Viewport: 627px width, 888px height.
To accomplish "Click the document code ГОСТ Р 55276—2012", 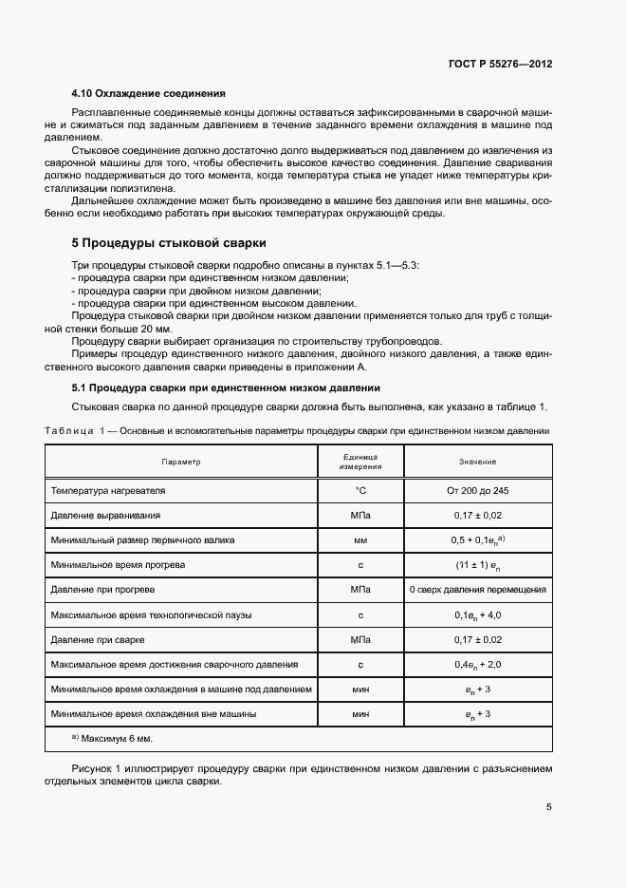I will point(500,65).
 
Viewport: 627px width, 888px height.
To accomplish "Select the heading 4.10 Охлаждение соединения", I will point(148,94).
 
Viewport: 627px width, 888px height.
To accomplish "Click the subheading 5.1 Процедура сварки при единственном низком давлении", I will point(226,388).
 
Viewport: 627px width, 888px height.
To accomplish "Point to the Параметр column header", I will point(181,462).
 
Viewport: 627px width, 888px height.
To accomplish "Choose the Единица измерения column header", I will point(361,462).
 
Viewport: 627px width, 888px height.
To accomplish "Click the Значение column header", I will point(477,462).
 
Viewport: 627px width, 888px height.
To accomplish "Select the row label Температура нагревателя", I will point(107,490).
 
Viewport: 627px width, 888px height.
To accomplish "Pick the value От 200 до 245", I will point(477,490).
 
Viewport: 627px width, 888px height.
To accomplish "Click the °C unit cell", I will point(361,490).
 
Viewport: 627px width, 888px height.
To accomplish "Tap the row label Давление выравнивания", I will point(105,515).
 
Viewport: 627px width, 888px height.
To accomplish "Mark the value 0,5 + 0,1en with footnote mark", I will point(477,539).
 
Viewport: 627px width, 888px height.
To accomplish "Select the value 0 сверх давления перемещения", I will point(477,590).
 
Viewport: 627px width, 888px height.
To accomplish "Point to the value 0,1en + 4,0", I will point(477,614).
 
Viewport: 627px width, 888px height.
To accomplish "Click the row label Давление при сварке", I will point(98,639).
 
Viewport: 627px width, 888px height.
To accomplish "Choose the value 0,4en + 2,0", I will point(477,664).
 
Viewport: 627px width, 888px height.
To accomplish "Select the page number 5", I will point(549,807).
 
